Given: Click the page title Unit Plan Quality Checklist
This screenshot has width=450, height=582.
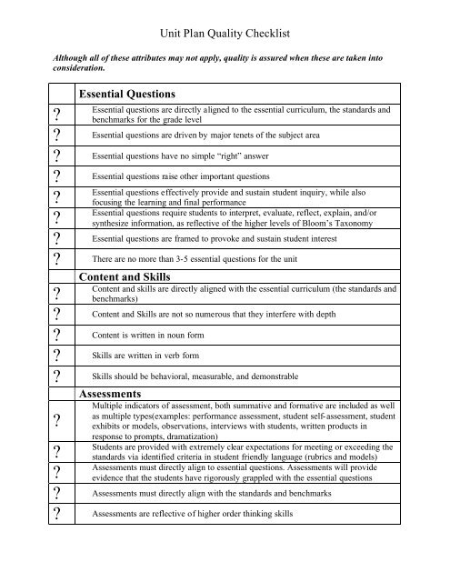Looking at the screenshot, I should [x=224, y=34].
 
